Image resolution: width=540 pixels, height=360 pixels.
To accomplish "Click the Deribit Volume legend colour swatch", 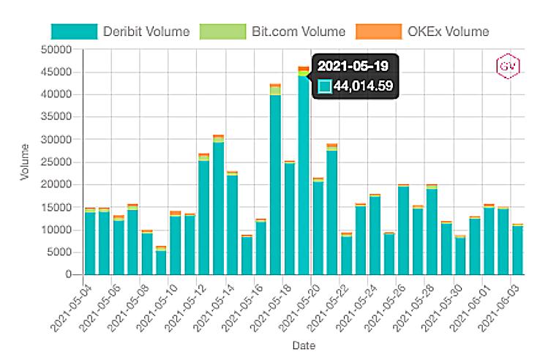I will coord(74,31).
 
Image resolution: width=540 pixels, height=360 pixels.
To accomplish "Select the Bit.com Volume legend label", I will coord(298,31).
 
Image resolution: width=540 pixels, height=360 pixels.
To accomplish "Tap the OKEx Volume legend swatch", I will coord(378,31).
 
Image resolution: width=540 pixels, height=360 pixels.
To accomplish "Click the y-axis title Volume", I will coord(25,162).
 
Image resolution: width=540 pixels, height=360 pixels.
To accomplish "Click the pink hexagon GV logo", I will coord(507,66).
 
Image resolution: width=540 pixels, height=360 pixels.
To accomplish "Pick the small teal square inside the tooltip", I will coord(325,87).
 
